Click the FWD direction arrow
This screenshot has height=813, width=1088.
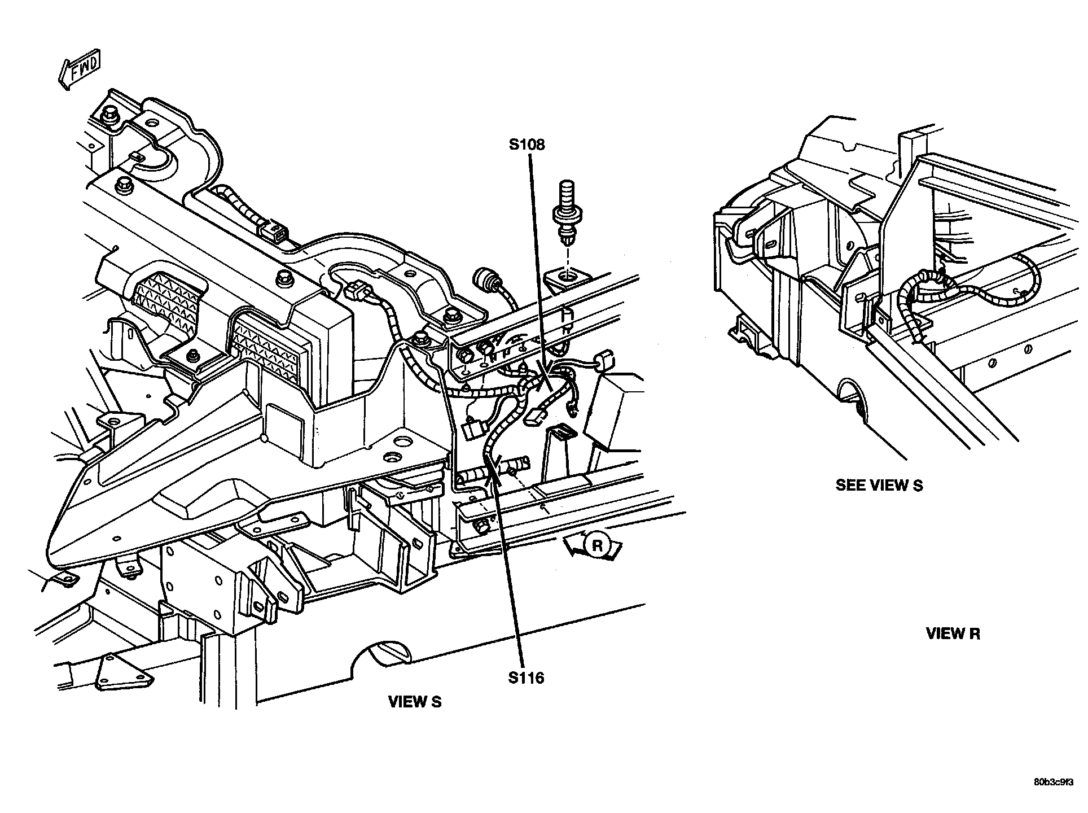[79, 71]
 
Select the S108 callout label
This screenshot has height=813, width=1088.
[527, 145]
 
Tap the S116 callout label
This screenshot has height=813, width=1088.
[526, 677]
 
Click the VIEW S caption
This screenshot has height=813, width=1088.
[415, 702]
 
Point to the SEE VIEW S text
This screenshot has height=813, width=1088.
[879, 485]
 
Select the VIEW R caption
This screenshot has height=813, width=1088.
[953, 633]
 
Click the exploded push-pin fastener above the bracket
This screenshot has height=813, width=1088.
[566, 212]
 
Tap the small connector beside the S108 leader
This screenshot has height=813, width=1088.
[604, 359]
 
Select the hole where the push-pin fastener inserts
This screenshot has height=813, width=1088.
[567, 277]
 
